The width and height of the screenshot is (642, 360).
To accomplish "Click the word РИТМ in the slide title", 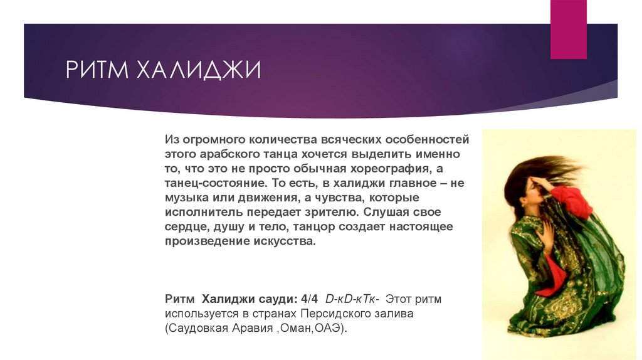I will click(95, 70).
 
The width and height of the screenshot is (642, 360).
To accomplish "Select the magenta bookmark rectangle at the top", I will click(568, 28).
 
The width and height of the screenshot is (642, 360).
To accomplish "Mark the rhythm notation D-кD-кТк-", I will click(350, 299).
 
